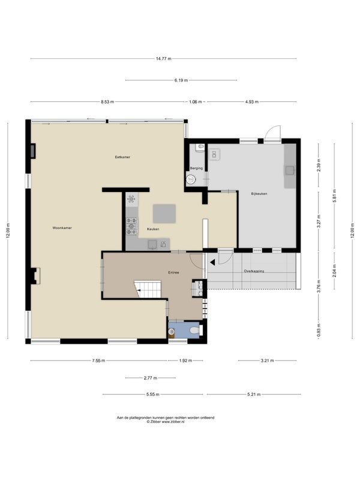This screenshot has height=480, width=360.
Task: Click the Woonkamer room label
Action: pyautogui.click(x=62, y=228)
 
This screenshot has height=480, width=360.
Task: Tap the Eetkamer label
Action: pyautogui.click(x=122, y=157)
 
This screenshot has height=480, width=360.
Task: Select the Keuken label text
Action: pyautogui.click(x=153, y=229)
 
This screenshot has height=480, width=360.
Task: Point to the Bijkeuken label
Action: pyautogui.click(x=259, y=194)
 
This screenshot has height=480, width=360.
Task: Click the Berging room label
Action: pyautogui.click(x=196, y=169)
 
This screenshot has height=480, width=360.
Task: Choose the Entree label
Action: pyautogui.click(x=173, y=272)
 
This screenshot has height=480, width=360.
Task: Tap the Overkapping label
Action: pyautogui.click(x=254, y=271)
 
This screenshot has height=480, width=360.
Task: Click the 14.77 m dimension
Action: pyautogui.click(x=163, y=59)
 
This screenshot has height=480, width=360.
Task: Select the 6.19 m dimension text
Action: pyautogui.click(x=181, y=80)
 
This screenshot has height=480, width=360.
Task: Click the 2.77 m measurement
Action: pyautogui.click(x=151, y=378)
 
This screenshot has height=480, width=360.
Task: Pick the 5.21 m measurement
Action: pyautogui.click(x=254, y=395)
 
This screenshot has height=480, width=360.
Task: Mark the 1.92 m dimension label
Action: pyautogui.click(x=185, y=361)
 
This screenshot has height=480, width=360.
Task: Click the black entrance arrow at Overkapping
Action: pyautogui.click(x=212, y=262)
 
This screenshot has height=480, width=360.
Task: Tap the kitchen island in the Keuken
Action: pyautogui.click(x=164, y=214)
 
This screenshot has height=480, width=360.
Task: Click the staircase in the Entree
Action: pyautogui.click(x=148, y=289)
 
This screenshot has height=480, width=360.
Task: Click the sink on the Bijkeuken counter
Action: pyautogui.click(x=290, y=170)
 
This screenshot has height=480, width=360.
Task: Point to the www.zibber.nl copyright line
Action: pyautogui.click(x=166, y=422)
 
